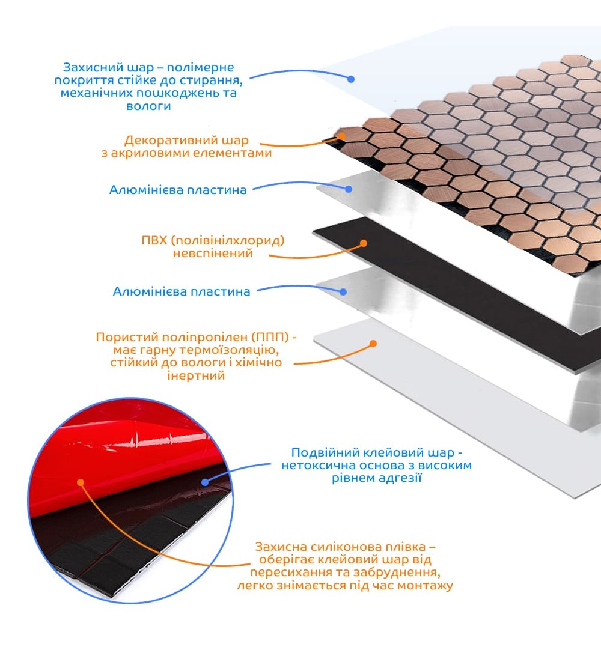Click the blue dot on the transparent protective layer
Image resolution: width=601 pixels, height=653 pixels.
click(x=351, y=79)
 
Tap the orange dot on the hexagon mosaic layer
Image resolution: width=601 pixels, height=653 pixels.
click(x=342, y=136)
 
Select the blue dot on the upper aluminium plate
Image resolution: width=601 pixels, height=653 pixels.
click(x=349, y=189)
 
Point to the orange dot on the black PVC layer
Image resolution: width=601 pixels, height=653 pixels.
click(x=364, y=243)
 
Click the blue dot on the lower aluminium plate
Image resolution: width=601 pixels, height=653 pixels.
click(x=343, y=292)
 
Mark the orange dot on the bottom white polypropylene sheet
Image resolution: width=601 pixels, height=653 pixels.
click(x=373, y=344)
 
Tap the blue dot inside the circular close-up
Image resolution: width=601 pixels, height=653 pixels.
click(x=205, y=482)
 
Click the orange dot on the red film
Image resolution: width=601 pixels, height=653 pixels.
click(x=81, y=482)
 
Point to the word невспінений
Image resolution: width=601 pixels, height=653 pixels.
click(x=213, y=253)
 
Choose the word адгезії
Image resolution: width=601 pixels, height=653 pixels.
click(x=397, y=478)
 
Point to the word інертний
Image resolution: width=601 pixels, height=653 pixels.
click(x=196, y=375)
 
